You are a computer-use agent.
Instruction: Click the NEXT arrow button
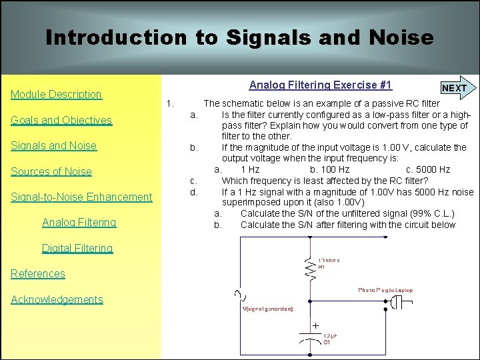tap(456, 88)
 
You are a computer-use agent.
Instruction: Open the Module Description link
tap(57, 95)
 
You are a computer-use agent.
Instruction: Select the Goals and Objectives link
tap(61, 121)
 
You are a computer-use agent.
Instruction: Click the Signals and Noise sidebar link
tap(54, 146)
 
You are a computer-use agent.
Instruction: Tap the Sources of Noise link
tap(51, 172)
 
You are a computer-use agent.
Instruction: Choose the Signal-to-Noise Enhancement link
tap(82, 197)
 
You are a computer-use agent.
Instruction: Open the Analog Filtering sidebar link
tap(79, 223)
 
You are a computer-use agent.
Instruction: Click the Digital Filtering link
tap(77, 249)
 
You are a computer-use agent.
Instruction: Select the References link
tap(38, 274)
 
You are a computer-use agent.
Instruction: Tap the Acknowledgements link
tap(57, 300)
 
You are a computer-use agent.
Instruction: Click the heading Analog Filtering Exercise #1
tap(321, 85)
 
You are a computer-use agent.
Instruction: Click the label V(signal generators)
tap(267, 309)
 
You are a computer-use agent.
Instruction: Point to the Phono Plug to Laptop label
tap(385, 291)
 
